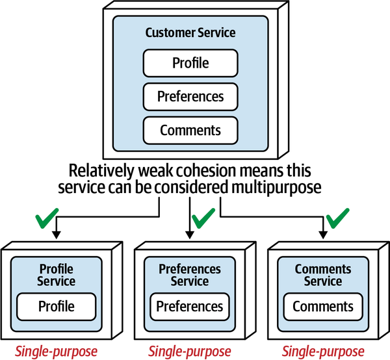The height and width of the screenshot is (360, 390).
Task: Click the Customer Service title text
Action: [x=190, y=32]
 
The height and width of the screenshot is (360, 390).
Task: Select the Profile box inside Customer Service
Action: [x=190, y=63]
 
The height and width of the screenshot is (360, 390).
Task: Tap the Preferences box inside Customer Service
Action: [x=190, y=96]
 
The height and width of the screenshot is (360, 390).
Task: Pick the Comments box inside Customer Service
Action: [x=190, y=130]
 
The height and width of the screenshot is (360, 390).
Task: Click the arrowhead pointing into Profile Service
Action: [x=57, y=237]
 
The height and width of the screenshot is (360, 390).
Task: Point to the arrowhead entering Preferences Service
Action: [x=190, y=237]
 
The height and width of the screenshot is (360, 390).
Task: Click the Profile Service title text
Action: [x=57, y=275]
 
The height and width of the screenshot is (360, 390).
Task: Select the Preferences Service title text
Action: [x=190, y=275]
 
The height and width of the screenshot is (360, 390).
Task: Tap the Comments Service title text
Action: [x=323, y=275]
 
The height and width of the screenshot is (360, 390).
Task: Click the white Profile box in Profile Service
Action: [x=57, y=306]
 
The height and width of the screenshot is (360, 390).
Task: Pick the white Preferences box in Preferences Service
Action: [x=190, y=306]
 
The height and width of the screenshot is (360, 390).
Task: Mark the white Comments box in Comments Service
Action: [x=323, y=306]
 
